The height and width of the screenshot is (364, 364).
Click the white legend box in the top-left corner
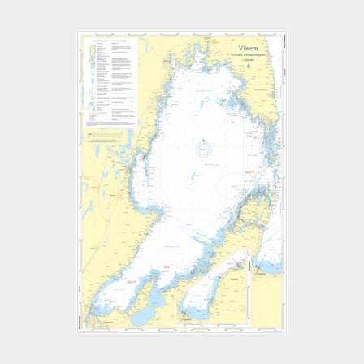112,81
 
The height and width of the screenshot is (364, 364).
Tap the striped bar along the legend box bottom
112,124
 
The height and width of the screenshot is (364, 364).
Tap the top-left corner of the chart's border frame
80,33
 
